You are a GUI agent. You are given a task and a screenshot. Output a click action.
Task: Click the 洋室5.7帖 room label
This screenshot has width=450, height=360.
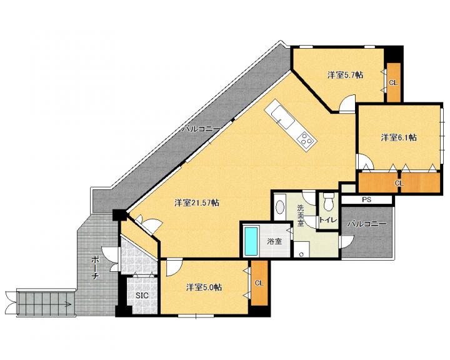point(345,75)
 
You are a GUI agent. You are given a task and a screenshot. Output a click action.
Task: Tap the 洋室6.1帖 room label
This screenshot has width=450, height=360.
point(399,137)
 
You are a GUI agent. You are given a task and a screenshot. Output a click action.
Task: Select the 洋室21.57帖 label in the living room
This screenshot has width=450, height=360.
point(197,203)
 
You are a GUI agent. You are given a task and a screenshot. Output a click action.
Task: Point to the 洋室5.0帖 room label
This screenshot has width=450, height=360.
point(204,287)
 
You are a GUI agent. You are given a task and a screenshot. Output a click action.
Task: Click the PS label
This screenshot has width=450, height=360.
point(366,200)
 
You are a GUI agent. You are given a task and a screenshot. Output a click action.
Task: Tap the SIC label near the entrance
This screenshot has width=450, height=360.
point(142,296)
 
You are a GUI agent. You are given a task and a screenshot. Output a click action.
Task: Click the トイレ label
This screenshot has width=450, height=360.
point(328,220)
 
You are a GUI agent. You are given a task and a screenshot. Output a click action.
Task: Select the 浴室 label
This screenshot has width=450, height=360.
point(274,241)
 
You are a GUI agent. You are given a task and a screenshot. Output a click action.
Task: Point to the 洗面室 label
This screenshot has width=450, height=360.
point(301,215)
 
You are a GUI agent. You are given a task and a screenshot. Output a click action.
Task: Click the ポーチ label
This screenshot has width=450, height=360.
point(96,268)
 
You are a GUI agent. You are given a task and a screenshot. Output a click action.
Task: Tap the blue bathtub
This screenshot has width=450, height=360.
point(251,241)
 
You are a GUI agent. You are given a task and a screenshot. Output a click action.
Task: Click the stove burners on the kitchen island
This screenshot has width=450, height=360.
point(306,140)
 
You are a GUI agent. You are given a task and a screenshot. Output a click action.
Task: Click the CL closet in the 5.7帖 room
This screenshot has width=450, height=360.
point(394,82)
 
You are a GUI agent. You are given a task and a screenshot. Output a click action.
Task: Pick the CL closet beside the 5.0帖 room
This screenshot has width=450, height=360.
point(259,282)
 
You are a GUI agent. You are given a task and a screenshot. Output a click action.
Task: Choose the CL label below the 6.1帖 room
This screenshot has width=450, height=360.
point(399,183)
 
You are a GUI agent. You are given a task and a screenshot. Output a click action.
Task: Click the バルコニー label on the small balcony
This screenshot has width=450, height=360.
point(367,224)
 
